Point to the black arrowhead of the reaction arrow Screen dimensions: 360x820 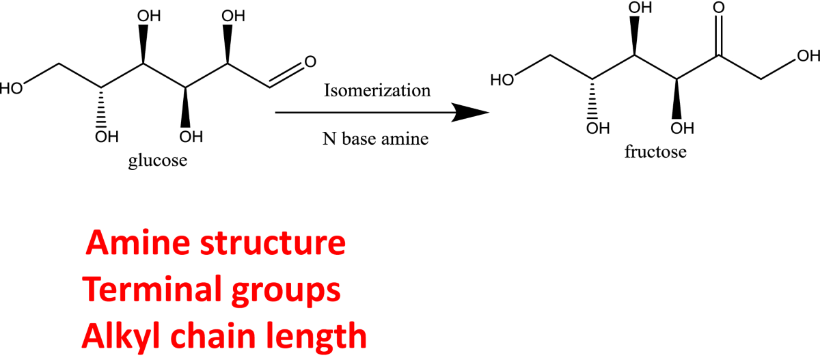(471, 113)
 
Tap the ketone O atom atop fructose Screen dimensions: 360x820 (718, 9)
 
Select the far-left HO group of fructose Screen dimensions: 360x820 (503, 79)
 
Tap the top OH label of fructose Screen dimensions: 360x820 (639, 9)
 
